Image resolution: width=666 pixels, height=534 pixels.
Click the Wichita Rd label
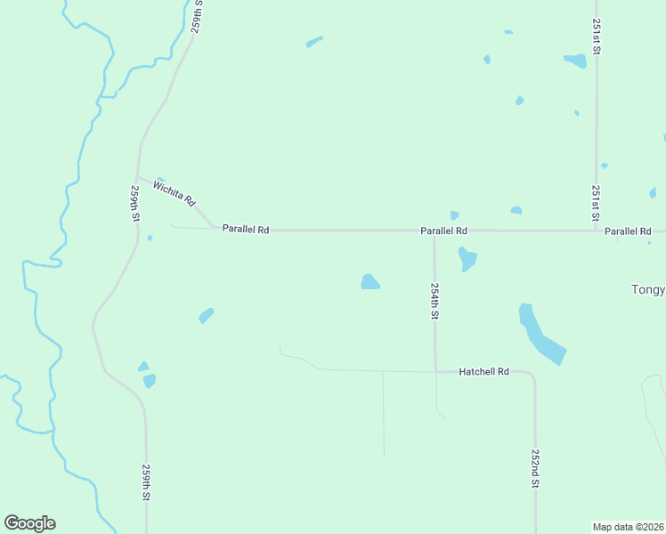coord(174,193)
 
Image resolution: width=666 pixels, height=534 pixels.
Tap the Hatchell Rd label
coord(483,371)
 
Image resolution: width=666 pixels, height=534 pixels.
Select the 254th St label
coord(435,302)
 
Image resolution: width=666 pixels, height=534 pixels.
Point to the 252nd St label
coord(536,468)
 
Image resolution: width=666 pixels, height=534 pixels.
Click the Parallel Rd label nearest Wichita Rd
coord(246,230)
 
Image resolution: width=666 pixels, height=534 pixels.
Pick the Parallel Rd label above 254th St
coord(444,231)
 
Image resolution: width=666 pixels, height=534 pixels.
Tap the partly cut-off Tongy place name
coord(647,289)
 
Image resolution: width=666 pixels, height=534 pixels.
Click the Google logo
coord(29,523)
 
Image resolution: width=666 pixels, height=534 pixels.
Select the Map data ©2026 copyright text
coord(628,526)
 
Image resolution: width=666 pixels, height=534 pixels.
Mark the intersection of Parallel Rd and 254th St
coord(434,231)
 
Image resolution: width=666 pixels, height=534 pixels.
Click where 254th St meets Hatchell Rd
coord(435,370)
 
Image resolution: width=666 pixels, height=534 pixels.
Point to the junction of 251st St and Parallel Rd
coord(596,231)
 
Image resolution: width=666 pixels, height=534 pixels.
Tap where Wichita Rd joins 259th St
coord(137,176)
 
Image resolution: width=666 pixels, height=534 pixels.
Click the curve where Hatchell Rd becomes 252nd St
coord(532,376)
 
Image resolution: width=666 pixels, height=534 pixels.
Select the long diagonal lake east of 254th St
coord(540,335)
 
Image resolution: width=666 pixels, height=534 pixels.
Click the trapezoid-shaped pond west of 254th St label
coord(370,282)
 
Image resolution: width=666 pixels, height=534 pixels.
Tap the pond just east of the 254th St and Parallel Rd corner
coord(467,259)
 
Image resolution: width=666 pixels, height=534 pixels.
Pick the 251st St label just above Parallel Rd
coord(596,204)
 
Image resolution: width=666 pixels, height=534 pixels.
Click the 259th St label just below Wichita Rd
coord(135,204)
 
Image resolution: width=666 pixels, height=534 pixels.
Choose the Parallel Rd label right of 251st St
coord(628,231)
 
